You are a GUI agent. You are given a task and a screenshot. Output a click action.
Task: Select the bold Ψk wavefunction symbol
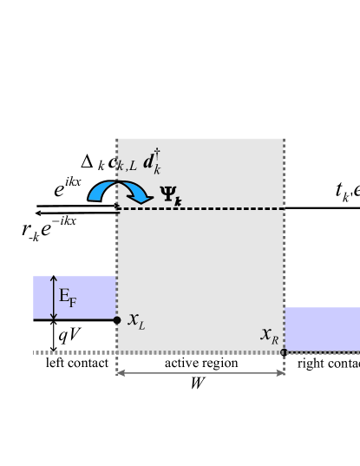(171, 200)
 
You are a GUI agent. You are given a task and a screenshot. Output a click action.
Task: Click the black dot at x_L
(117, 320)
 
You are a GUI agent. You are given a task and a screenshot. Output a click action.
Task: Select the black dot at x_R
(284, 352)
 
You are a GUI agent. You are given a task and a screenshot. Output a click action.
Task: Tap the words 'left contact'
(77, 363)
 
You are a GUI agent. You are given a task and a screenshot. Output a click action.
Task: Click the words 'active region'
(201, 363)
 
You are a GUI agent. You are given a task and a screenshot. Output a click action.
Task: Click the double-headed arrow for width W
(200, 373)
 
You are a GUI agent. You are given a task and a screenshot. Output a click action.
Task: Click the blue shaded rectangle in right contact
(322, 329)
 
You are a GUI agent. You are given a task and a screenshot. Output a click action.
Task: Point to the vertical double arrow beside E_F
(54, 297)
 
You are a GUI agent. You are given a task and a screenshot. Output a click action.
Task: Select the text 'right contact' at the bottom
(328, 363)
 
